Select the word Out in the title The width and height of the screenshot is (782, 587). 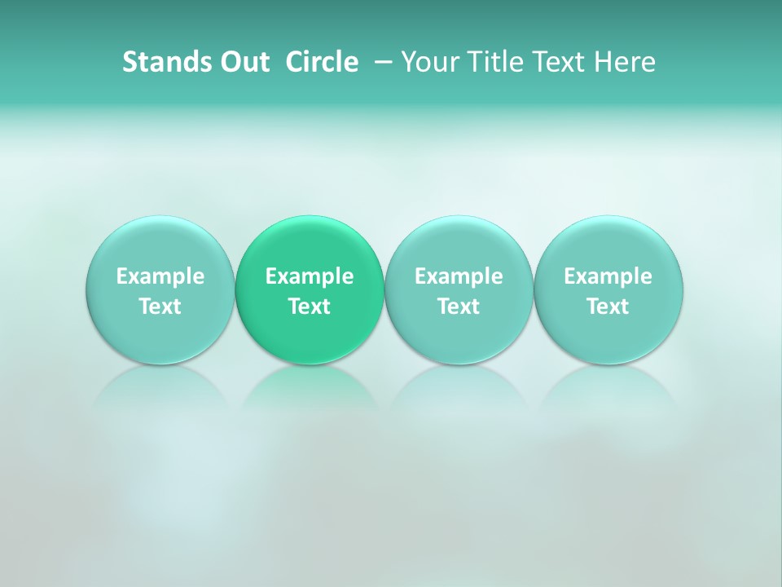pyautogui.click(x=242, y=62)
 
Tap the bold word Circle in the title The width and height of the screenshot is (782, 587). pyautogui.click(x=322, y=62)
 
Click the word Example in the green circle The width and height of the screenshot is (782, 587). pyautogui.click(x=310, y=276)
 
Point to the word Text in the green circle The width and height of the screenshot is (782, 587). pyautogui.click(x=310, y=307)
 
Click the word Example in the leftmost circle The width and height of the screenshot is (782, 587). pyautogui.click(x=160, y=276)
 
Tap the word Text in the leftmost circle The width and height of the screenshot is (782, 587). pyautogui.click(x=160, y=307)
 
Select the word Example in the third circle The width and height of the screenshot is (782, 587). pyautogui.click(x=459, y=276)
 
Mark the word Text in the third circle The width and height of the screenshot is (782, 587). pyautogui.click(x=459, y=307)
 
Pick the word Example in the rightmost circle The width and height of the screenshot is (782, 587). pyautogui.click(x=608, y=276)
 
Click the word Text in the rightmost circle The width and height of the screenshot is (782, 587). pyautogui.click(x=608, y=307)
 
